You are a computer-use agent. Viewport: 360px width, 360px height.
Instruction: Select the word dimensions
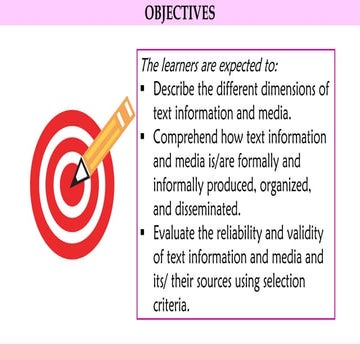pyautogui.click(x=297, y=89)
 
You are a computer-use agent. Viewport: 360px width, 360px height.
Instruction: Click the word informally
pyautogui.click(x=188, y=186)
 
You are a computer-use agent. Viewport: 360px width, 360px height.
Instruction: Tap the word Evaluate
pyautogui.click(x=179, y=233)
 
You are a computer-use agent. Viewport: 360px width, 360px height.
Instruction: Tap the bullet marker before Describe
pyautogui.click(x=144, y=89)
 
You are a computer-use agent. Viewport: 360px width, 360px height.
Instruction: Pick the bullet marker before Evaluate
pyautogui.click(x=144, y=233)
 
